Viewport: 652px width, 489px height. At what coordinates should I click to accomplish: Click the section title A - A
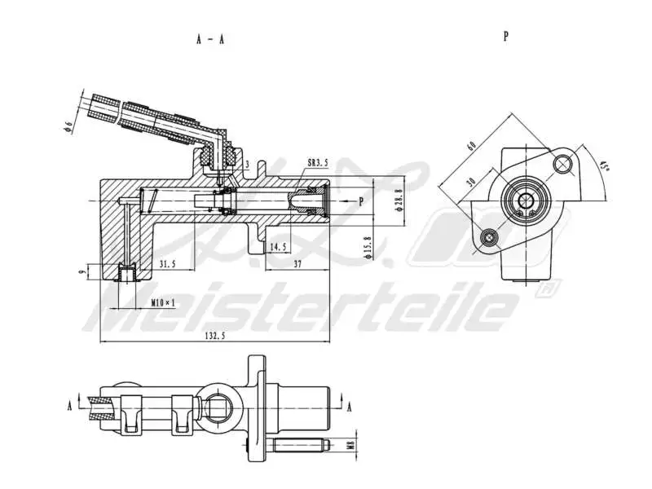[209, 39]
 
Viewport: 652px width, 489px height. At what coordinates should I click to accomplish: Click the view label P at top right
[506, 37]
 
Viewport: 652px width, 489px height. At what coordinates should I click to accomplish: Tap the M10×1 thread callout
[163, 302]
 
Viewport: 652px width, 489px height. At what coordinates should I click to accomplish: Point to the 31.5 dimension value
[167, 264]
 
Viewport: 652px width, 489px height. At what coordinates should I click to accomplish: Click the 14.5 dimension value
[278, 245]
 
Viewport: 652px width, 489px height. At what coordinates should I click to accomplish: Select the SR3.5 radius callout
[318, 163]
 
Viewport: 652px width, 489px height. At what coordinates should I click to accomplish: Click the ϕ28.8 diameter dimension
[398, 199]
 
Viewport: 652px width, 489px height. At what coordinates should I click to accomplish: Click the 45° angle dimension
[604, 166]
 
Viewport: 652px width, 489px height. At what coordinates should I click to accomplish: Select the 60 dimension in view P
[471, 146]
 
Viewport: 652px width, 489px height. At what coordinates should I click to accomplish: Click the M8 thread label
[351, 445]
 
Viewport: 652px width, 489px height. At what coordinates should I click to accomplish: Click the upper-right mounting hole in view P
[562, 165]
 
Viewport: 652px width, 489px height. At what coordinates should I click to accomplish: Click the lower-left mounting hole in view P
[489, 237]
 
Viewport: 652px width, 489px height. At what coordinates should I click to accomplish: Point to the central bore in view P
[526, 200]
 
